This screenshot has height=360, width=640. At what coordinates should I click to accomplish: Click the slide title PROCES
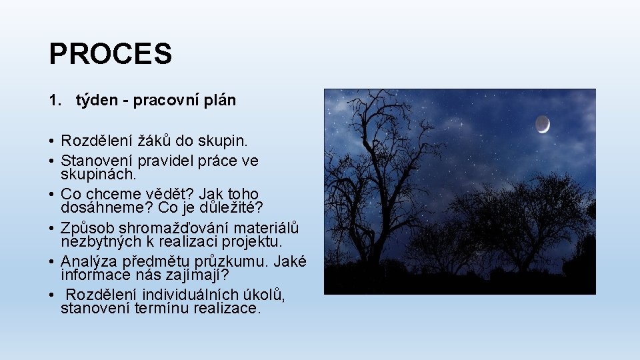pyautogui.click(x=110, y=54)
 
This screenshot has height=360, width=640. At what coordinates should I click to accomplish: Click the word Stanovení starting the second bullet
pyautogui.click(x=96, y=161)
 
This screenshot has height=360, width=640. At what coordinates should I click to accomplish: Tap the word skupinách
pyautogui.click(x=98, y=174)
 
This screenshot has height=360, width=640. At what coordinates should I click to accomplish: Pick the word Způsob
pyautogui.click(x=87, y=227)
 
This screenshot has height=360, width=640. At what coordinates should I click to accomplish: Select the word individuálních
pyautogui.click(x=181, y=295)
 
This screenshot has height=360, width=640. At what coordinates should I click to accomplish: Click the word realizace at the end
pyautogui.click(x=226, y=308)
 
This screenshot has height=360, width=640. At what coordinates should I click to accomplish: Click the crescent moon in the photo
pyautogui.click(x=543, y=123)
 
